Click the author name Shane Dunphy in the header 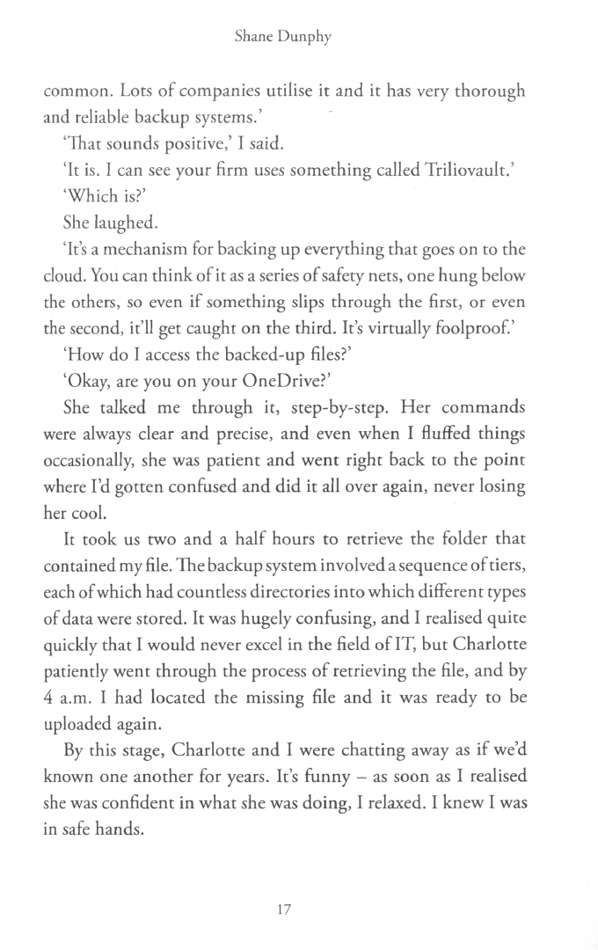pyautogui.click(x=298, y=39)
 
